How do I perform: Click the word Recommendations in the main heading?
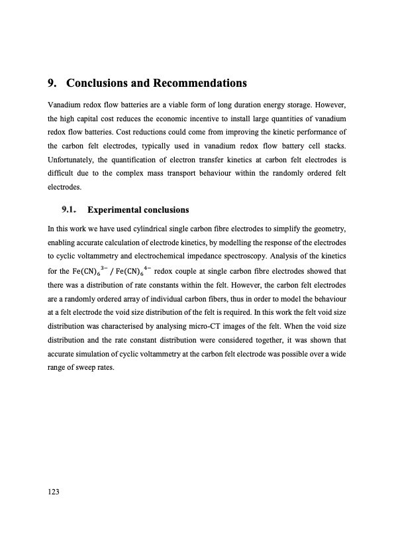pyautogui.click(x=200, y=84)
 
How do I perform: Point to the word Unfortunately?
pyautogui.click(x=76, y=160)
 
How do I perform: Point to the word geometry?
pyautogui.click(x=327, y=229)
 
